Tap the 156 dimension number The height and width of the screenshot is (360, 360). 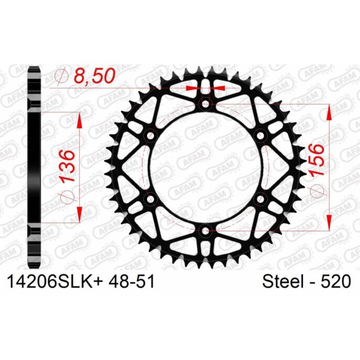pos(318,160)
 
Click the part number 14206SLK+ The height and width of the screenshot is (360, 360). pos(55,281)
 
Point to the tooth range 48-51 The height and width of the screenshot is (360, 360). pos(132,281)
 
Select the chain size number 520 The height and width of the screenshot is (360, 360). pos(336,281)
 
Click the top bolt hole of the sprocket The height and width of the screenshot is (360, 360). pos(205,103)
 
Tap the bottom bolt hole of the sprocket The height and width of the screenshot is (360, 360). pos(205,231)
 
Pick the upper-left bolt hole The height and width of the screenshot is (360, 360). pos(151,135)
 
